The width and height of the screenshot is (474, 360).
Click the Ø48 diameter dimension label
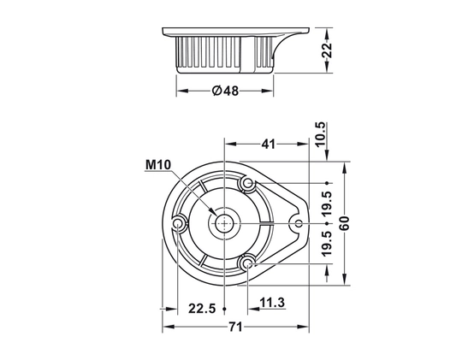[x=225, y=91]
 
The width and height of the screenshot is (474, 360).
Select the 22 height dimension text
[x=327, y=50]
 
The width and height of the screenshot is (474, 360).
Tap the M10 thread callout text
[x=158, y=165]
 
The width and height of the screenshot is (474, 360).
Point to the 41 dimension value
[x=268, y=145]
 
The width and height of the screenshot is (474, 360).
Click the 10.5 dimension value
[x=321, y=133]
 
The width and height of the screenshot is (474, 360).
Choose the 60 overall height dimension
[x=344, y=223]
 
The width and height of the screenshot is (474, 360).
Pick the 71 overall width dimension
[x=235, y=327]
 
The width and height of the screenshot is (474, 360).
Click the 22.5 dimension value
[x=202, y=309]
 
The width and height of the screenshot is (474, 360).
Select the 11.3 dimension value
[x=272, y=303]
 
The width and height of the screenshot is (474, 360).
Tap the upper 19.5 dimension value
[x=327, y=203]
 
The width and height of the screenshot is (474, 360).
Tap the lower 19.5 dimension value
[x=327, y=244]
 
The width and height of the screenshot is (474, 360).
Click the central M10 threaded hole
[x=224, y=223]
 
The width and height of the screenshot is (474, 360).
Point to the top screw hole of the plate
[x=248, y=182]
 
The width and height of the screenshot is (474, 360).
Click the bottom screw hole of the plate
[x=248, y=263]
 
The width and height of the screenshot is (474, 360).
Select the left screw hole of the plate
[x=177, y=223]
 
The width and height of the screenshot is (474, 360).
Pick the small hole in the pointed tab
[x=299, y=223]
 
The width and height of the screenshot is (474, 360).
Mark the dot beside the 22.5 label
[x=224, y=309]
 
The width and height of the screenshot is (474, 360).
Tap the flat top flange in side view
[x=236, y=32]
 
